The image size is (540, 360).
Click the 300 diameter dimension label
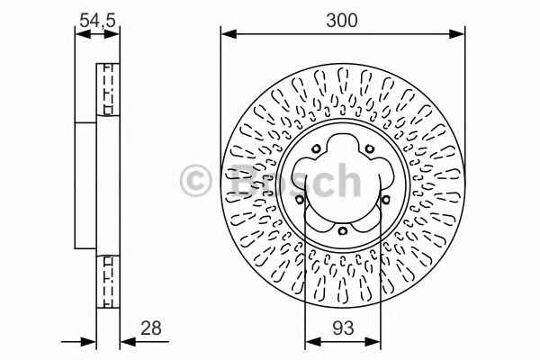coord(342,21)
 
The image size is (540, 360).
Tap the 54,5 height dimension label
coord(97,21)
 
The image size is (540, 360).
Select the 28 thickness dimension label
coord(151,328)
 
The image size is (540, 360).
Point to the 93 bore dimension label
coord(343,328)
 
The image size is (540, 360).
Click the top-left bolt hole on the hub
coord(316,149)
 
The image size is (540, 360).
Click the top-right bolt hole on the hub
coord(370,149)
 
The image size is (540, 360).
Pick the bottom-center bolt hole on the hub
coord(342,230)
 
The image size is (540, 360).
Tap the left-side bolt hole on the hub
coord(300,200)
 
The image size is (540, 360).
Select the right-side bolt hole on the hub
coord(386,200)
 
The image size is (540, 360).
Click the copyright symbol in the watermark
coord(195,181)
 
